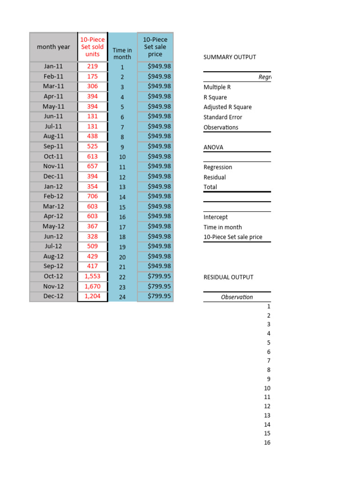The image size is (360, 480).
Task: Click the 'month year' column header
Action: click(x=53, y=47)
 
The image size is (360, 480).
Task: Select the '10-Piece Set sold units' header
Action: click(x=92, y=47)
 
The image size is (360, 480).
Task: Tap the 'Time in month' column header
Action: click(x=122, y=53)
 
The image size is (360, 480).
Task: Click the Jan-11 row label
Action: click(x=53, y=67)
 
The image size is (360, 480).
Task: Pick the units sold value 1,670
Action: click(x=92, y=286)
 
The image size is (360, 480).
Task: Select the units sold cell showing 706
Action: click(x=92, y=196)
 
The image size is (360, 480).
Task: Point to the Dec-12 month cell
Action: click(x=53, y=296)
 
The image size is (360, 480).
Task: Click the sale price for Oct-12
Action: click(x=155, y=276)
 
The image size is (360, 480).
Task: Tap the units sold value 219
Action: click(x=92, y=67)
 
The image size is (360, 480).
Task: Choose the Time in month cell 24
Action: click(x=122, y=297)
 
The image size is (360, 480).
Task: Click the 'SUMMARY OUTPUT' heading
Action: click(x=230, y=57)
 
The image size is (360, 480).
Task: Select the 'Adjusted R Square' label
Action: click(x=227, y=107)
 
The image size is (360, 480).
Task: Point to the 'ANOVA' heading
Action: click(x=213, y=147)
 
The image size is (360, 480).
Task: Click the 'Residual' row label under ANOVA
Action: click(x=215, y=177)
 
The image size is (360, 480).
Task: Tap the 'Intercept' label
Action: click(x=216, y=217)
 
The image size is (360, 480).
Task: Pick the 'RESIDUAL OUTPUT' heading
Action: click(x=228, y=277)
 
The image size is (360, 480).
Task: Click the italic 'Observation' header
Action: click(x=237, y=297)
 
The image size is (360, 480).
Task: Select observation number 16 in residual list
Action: click(x=267, y=442)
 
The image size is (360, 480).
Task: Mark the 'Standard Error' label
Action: click(x=223, y=117)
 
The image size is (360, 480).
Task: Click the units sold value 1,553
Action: click(x=92, y=276)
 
